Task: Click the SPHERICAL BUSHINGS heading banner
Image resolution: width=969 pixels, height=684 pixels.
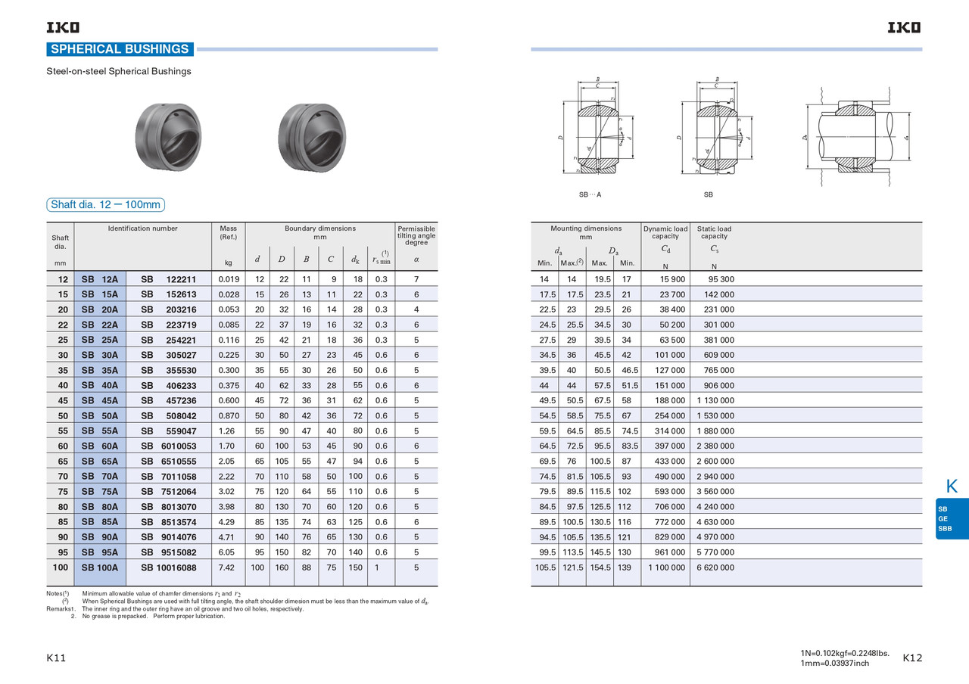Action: pos(120,49)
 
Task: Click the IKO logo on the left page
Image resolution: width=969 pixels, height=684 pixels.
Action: pos(63,28)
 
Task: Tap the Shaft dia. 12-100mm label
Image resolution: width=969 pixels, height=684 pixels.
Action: pos(105,205)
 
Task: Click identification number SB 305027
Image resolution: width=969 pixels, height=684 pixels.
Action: pos(169,356)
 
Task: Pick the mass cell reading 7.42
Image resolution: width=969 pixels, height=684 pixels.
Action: pos(227,567)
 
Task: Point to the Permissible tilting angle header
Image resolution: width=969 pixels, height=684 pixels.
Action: pos(416,235)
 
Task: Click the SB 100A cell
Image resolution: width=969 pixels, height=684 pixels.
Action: pos(100,567)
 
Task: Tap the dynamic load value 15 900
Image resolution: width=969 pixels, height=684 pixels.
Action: pos(667,280)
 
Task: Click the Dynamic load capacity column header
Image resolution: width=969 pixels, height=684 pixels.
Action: pos(665,232)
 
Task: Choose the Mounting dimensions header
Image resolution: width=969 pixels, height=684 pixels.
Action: pos(586,232)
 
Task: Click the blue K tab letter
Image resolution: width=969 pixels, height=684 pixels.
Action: pos(952,485)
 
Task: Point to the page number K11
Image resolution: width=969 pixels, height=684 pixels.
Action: pos(57,658)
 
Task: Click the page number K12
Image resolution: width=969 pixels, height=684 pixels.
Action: pos(913,658)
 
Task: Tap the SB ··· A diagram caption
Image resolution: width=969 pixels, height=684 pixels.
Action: pos(590,195)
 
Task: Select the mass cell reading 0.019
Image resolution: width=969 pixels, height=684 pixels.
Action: pos(228,280)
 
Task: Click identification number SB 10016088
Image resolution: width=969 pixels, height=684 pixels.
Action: pos(169,567)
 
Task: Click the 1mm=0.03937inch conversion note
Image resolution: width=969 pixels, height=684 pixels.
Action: pos(834,664)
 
